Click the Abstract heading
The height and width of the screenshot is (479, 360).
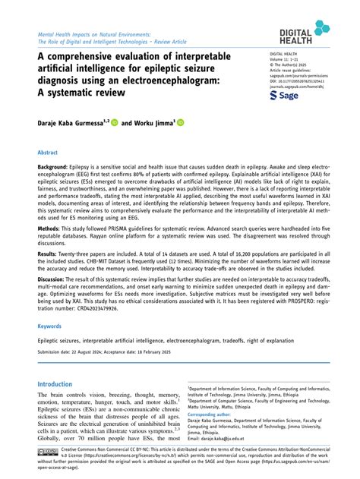point(48,153)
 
